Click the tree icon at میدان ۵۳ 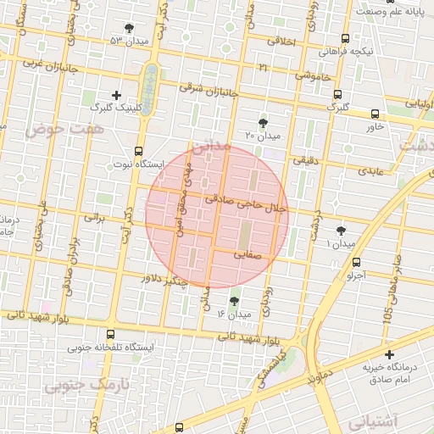[x=129, y=28]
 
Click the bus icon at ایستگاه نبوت [x=138, y=151]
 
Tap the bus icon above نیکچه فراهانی [x=344, y=38]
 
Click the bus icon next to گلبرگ [x=337, y=94]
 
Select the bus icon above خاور [x=375, y=113]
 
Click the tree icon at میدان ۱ [x=341, y=230]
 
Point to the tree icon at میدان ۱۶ [x=234, y=301]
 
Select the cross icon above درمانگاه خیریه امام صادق [x=389, y=354]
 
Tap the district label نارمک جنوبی [x=77, y=387]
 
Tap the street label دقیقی [x=303, y=159]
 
